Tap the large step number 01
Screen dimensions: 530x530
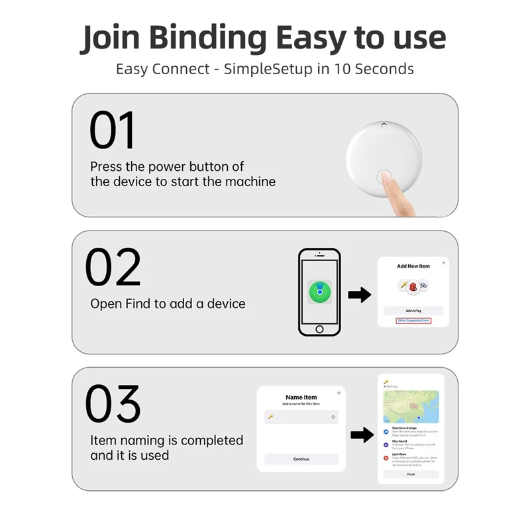[x=113, y=131]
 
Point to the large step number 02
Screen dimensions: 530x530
[x=113, y=268]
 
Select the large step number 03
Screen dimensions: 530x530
[x=113, y=404]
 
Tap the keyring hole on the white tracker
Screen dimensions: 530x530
[x=384, y=126]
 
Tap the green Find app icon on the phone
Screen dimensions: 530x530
[x=319, y=291]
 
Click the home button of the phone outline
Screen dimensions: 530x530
[x=319, y=329]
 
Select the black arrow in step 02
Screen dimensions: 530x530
[x=359, y=295]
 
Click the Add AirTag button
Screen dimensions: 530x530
[x=413, y=310]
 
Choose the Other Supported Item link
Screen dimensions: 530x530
[x=413, y=321]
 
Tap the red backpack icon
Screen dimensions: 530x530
[x=413, y=286]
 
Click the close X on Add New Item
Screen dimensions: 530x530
[x=443, y=263]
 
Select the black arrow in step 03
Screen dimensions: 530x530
[x=360, y=435]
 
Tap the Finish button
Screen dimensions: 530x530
[x=411, y=474]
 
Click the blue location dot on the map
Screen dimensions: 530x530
[x=419, y=418]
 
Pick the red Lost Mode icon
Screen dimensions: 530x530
[x=386, y=456]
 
